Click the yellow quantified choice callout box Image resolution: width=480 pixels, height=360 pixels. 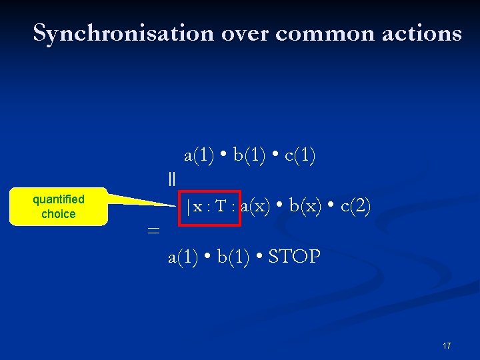point(59,207)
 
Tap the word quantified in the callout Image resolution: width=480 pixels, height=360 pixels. point(59,199)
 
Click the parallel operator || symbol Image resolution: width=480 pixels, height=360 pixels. point(172,179)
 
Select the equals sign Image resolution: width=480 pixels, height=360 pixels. point(153,230)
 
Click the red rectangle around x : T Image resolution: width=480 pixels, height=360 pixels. point(213,207)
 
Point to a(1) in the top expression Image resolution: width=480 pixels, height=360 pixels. point(199,156)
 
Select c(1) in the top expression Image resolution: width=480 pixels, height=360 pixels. point(300,156)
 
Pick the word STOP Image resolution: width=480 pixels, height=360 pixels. point(294,257)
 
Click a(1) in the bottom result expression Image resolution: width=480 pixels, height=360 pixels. point(183,257)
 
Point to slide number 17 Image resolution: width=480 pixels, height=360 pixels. point(447,346)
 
